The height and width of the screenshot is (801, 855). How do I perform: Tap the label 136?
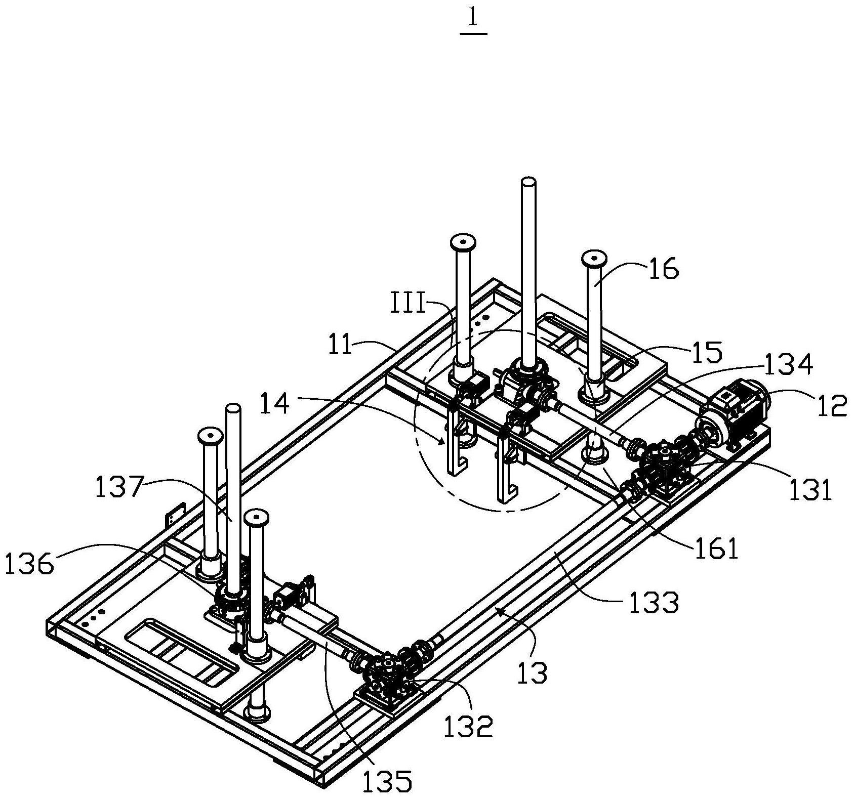pos(29,564)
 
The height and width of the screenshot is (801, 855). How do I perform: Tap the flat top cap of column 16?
pos(595,258)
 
